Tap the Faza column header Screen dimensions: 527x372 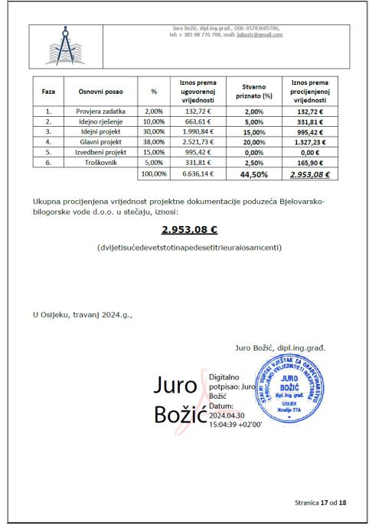tap(47, 91)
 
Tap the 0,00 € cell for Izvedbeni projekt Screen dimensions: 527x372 tap(305, 152)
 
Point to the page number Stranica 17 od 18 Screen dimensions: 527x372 tap(320, 503)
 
